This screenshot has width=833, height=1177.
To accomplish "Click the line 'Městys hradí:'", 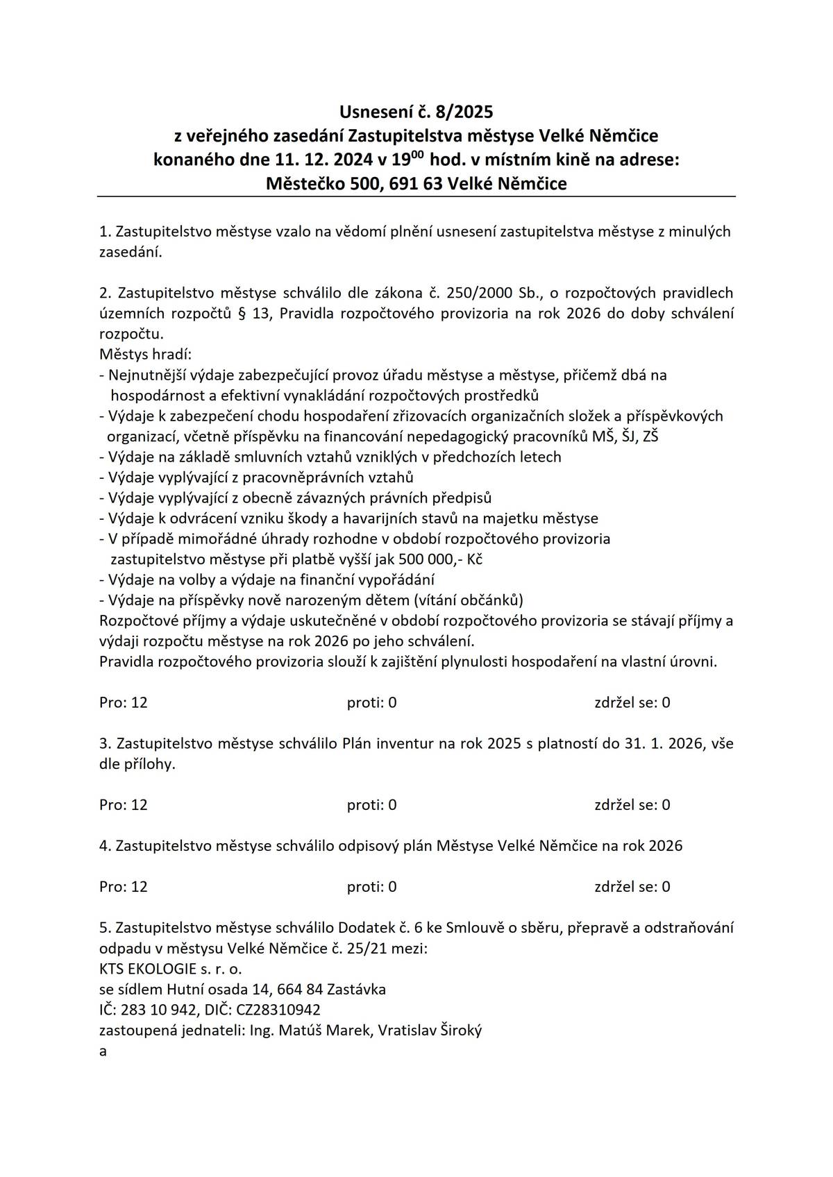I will [145, 354].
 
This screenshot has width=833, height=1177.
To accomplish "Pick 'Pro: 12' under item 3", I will [124, 805].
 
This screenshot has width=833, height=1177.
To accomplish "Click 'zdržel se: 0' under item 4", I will [632, 887].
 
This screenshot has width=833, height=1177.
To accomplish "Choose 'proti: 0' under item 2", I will [371, 703].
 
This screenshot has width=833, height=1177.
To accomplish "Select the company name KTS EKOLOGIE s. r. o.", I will [171, 969].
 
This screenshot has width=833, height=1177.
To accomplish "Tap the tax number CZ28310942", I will [278, 1010].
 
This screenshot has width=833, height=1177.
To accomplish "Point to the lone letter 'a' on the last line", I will [103, 1051].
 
